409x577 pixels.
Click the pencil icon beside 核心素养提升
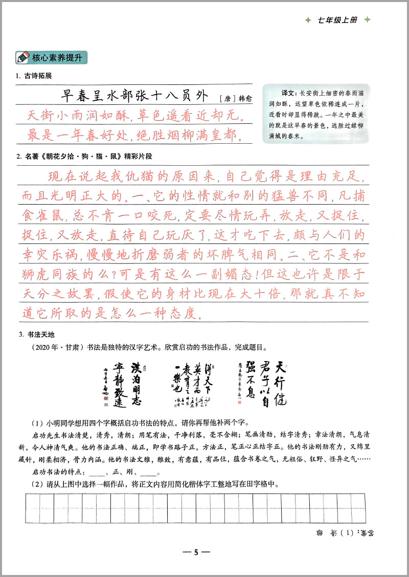pos(23,58)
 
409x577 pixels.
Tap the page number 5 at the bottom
pos(196,552)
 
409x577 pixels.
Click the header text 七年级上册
pos(337,20)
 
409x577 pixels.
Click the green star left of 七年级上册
pos(307,20)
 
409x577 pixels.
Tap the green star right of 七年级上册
pos(367,20)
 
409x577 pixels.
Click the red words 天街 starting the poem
pos(35,116)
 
